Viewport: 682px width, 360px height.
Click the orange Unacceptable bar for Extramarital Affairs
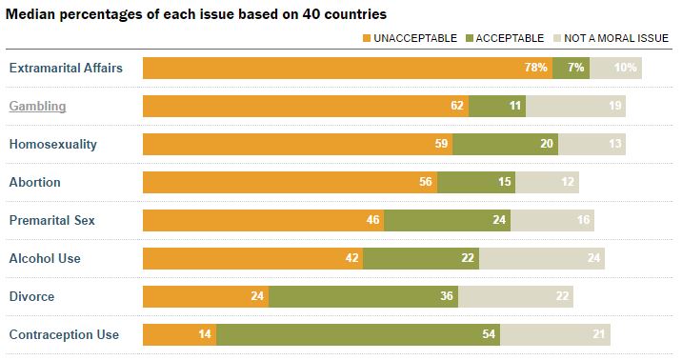pos(348,68)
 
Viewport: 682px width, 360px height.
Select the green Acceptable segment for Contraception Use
pos(358,334)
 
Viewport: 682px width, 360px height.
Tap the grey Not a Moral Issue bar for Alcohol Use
pos(542,258)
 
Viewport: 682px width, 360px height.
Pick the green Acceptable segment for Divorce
pos(363,296)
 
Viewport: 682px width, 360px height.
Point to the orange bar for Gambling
pos(306,106)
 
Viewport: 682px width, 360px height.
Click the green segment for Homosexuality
pos(506,144)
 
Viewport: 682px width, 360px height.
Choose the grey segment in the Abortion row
pos(547,182)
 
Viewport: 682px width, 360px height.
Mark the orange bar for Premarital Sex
pos(264,220)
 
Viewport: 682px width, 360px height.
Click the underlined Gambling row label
pos(37,107)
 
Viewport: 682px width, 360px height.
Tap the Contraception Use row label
pos(64,335)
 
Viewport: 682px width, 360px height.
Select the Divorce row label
pos(31,296)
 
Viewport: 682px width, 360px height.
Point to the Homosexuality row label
pos(53,145)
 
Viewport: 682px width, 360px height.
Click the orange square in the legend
pos(367,38)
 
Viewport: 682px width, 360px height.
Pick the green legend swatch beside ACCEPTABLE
pos(470,38)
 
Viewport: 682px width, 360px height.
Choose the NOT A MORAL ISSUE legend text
pos(616,38)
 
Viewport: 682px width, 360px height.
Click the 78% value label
pos(536,68)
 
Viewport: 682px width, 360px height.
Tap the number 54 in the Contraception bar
pos(489,334)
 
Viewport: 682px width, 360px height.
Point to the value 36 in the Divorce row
pos(447,296)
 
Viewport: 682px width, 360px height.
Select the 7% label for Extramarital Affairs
pos(576,68)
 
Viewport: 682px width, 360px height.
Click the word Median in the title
pos(30,14)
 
